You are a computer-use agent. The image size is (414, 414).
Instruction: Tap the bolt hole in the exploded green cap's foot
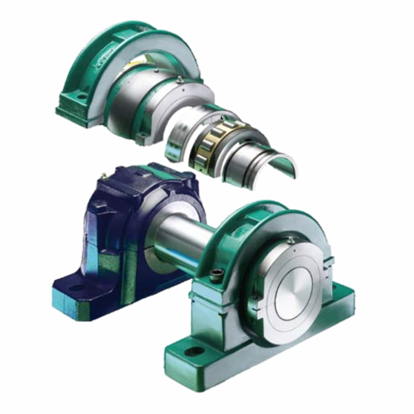pyautogui.click(x=82, y=100)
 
